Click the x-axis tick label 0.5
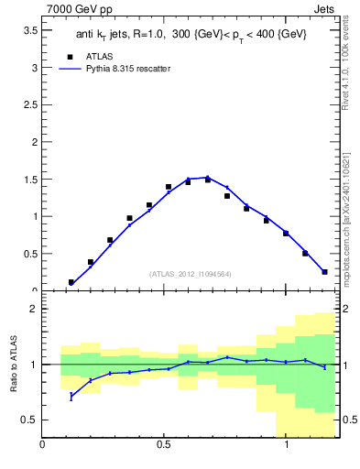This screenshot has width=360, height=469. pos(165,445)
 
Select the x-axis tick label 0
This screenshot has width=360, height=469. pos(42,445)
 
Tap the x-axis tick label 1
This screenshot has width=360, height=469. pos(288,445)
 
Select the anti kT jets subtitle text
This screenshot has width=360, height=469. pos(190,34)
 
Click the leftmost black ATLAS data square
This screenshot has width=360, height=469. pos(71,282)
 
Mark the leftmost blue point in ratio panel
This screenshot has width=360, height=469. pos(71,396)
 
